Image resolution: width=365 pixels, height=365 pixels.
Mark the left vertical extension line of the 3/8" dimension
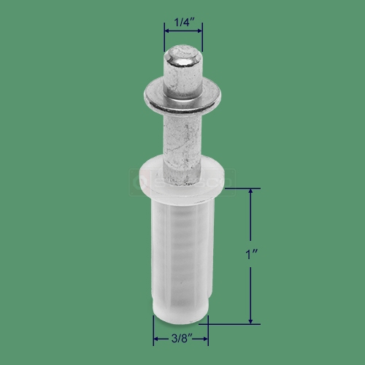tap(153, 332)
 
